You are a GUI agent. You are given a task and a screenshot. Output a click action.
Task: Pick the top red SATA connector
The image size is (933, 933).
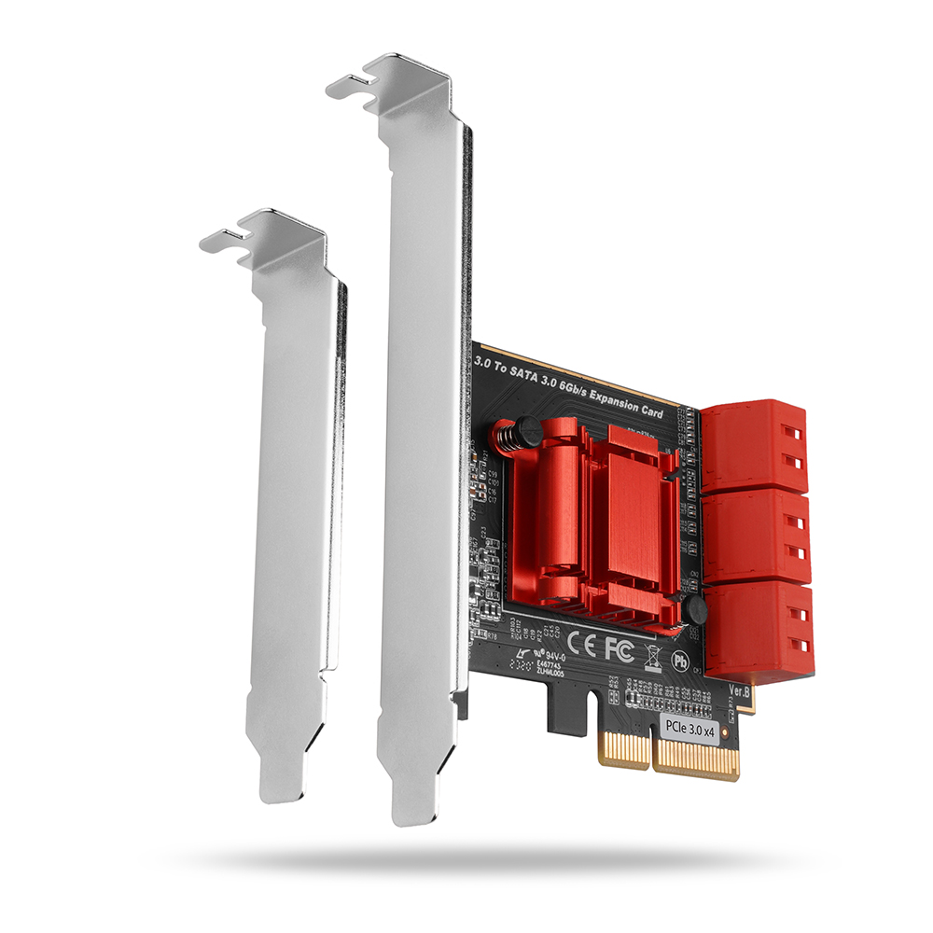(754, 447)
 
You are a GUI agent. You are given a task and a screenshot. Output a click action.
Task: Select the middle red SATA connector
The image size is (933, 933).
(757, 536)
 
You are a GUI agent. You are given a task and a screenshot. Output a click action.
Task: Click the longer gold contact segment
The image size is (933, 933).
(696, 759)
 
